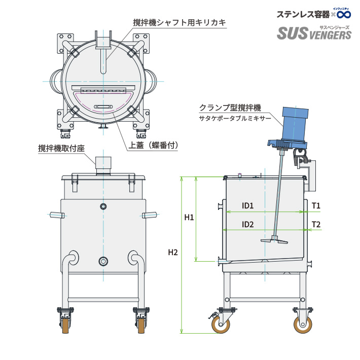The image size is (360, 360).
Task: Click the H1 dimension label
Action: (189, 218)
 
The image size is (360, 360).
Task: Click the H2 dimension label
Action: (173, 253)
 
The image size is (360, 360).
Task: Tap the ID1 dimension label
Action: (247, 206)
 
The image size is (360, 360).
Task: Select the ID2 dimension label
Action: (247, 224)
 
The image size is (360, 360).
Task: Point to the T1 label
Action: (315, 206)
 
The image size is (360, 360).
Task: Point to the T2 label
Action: (315, 224)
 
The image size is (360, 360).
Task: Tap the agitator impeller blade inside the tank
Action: (273, 240)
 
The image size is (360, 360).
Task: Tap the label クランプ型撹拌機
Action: (230, 108)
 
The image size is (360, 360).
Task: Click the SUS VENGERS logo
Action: (314, 33)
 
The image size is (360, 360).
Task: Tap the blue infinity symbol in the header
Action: (343, 14)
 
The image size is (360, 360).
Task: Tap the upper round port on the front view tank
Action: (103, 206)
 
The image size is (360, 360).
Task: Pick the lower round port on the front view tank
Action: (103, 261)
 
